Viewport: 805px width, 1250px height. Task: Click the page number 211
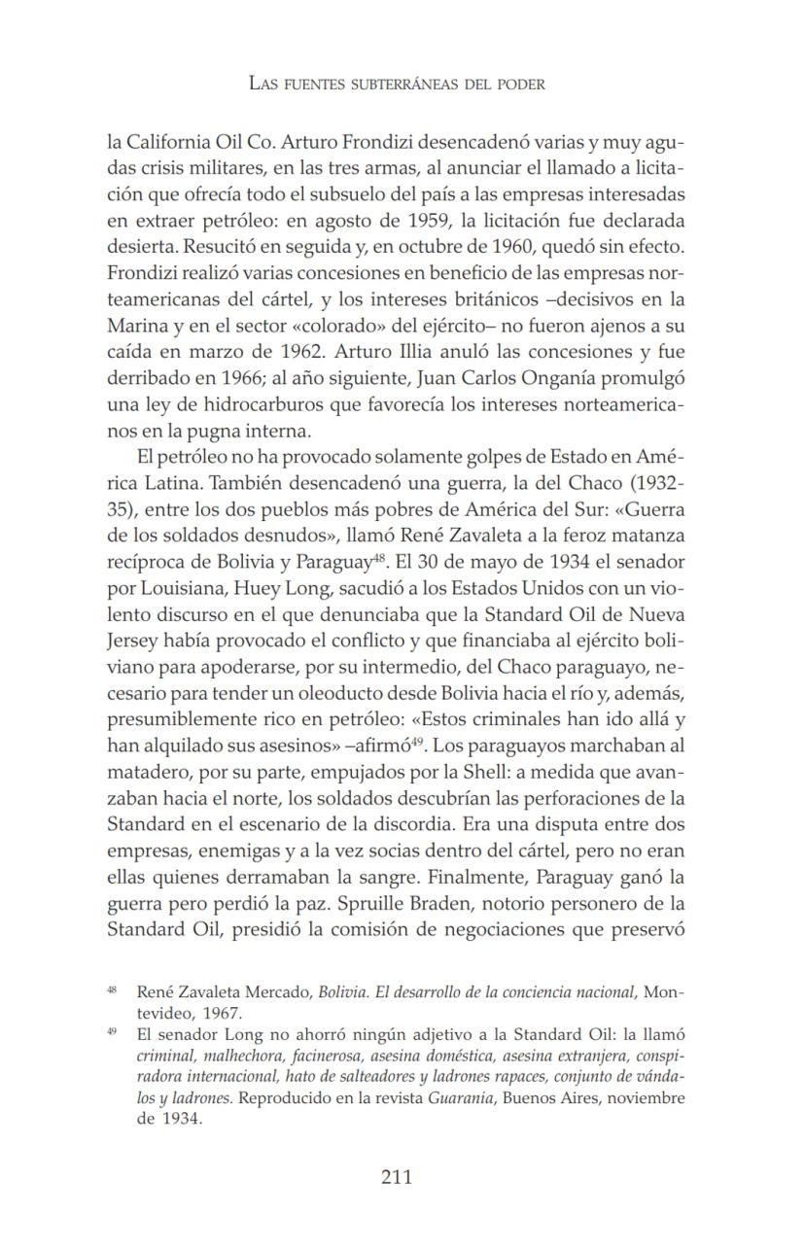pyautogui.click(x=397, y=1177)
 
